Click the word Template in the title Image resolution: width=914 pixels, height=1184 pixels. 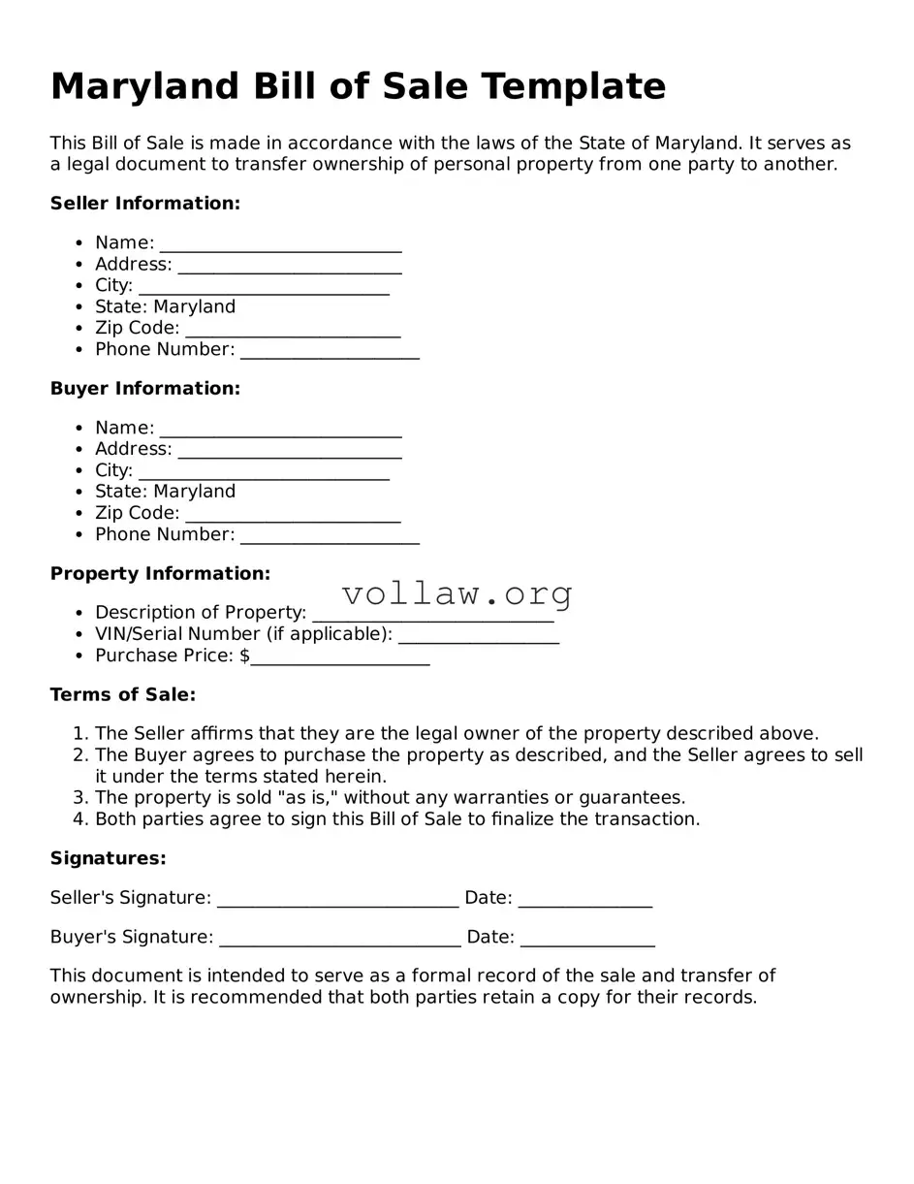(x=573, y=86)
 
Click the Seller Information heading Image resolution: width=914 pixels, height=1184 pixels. (x=144, y=204)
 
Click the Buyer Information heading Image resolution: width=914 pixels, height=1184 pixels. (x=144, y=389)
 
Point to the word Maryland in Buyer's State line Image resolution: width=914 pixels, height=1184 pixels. (x=194, y=492)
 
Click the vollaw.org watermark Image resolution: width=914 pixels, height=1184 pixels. (x=457, y=592)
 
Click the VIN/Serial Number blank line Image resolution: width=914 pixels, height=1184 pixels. (x=478, y=636)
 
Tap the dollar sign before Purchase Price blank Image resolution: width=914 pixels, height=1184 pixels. (x=244, y=656)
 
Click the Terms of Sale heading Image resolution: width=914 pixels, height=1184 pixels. (x=122, y=695)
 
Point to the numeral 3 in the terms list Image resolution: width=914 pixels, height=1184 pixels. (x=79, y=798)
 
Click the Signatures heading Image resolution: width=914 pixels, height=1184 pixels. (x=108, y=859)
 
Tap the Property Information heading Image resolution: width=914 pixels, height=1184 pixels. (x=160, y=574)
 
